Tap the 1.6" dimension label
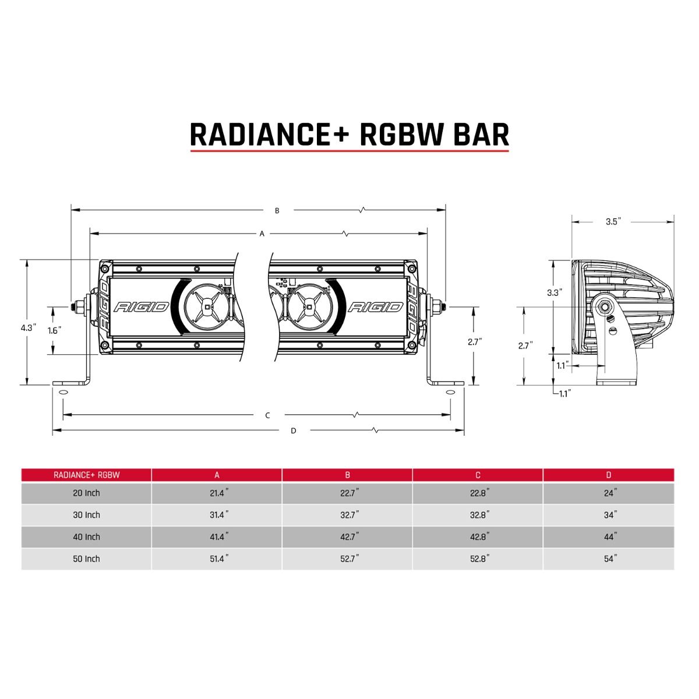55,330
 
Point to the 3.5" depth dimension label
613,221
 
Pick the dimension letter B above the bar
277,210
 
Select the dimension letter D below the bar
294,431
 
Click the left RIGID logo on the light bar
142,306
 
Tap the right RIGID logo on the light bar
375,306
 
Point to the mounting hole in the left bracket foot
62,392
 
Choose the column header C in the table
478,475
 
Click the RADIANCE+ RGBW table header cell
86,475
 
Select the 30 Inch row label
86,515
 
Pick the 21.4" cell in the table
217,493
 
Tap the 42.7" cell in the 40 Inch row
347,537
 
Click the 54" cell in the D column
609,559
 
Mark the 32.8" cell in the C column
478,515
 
